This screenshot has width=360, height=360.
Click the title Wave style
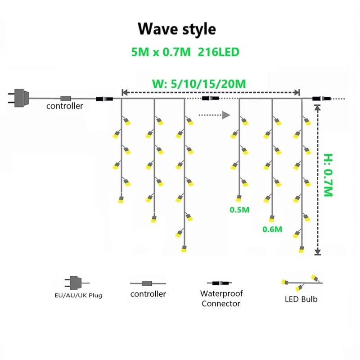[x=176, y=29]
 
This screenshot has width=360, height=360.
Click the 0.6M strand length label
[x=272, y=229]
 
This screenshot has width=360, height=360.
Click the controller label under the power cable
[x=65, y=106]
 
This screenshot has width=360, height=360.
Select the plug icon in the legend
[x=75, y=283]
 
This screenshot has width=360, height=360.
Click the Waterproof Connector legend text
[x=221, y=298]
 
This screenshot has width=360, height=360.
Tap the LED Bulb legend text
[x=301, y=299]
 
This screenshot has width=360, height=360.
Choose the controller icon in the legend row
[x=147, y=283]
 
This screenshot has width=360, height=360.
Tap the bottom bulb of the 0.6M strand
[x=271, y=219]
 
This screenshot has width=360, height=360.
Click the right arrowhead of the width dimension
[x=297, y=92]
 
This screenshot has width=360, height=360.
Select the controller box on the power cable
[x=66, y=98]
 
